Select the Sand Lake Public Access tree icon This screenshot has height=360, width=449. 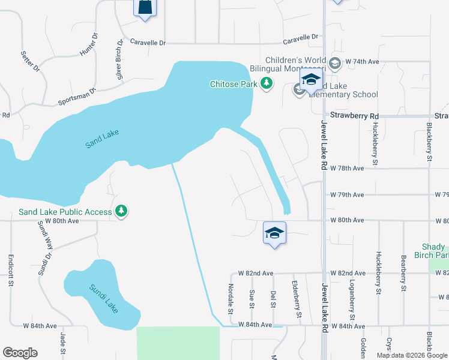coord(122,211)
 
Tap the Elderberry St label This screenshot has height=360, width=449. coord(295,299)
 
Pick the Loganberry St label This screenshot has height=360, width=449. coord(352,300)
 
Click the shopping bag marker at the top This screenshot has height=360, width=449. coord(145,8)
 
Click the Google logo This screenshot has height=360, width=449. coord(20,353)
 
